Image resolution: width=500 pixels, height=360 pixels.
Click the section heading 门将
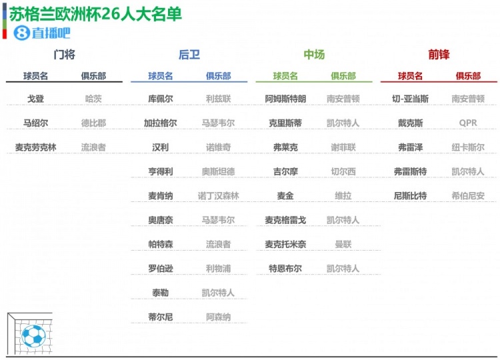[64, 55]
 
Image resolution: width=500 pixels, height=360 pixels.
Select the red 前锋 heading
[439, 55]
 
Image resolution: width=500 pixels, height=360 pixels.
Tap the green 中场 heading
[314, 55]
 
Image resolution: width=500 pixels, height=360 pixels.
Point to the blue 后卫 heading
[189, 55]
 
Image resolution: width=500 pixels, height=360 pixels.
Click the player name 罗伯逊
[161, 269]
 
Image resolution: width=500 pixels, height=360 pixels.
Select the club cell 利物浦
[219, 269]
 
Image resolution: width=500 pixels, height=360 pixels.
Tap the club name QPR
[468, 123]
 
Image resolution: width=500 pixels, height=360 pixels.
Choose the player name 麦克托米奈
[285, 245]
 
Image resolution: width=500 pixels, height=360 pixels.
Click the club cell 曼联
[343, 245]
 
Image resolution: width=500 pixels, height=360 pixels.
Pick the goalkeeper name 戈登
[35, 99]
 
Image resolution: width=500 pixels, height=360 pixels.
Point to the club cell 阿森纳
[219, 317]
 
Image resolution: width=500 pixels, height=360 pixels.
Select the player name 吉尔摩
[285, 172]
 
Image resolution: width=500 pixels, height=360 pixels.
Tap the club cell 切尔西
[343, 172]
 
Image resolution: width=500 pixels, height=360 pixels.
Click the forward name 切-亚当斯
[411, 99]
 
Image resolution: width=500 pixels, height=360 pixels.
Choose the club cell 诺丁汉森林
[219, 196]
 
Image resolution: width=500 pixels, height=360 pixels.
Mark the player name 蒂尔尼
[161, 317]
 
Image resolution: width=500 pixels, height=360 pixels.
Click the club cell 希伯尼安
[468, 196]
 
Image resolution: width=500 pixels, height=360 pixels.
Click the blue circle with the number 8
[21, 33]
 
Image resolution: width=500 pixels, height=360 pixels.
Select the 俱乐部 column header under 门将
[93, 76]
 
